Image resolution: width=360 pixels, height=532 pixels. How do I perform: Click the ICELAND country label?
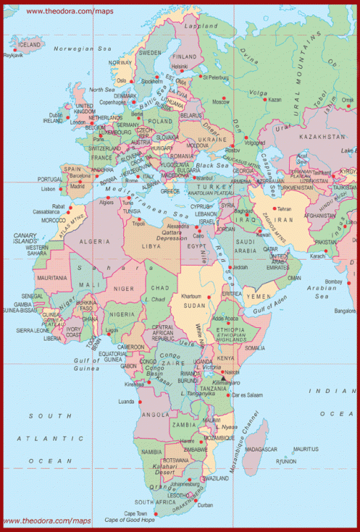point(30,44)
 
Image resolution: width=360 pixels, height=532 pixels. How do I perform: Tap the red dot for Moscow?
point(225,98)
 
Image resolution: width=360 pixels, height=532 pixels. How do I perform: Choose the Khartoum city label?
point(191,297)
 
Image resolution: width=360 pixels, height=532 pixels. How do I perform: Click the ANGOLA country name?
point(155,415)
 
